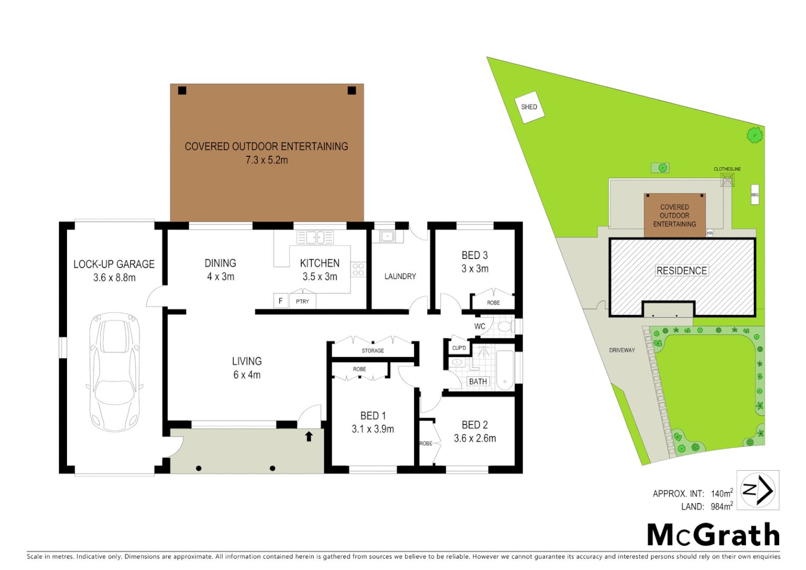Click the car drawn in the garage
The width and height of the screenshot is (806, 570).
pyautogui.click(x=115, y=372)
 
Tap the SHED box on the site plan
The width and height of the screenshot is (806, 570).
pyautogui.click(x=529, y=107)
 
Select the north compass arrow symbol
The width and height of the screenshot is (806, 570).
pyautogui.click(x=758, y=490)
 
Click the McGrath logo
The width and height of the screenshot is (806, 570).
pyautogui.click(x=713, y=535)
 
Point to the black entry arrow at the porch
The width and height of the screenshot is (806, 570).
pyautogui.click(x=309, y=436)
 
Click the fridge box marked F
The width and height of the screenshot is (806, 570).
pyautogui.click(x=281, y=301)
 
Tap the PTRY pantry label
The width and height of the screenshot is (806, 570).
pyautogui.click(x=302, y=301)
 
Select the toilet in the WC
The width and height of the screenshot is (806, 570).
pyautogui.click(x=504, y=327)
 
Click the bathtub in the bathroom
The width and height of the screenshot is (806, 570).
pyautogui.click(x=505, y=370)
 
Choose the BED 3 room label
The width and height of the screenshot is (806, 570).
pyautogui.click(x=475, y=255)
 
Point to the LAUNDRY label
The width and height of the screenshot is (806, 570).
pyautogui.click(x=400, y=277)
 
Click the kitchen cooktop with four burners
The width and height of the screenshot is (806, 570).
pyautogui.click(x=358, y=270)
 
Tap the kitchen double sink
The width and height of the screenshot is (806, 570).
pyautogui.click(x=315, y=237)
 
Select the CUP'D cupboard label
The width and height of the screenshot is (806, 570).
pyautogui.click(x=459, y=348)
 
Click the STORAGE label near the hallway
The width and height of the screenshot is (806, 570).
pyautogui.click(x=373, y=350)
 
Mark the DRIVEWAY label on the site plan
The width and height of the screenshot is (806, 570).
pyautogui.click(x=622, y=350)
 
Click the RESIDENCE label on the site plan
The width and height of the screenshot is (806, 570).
pyautogui.click(x=682, y=271)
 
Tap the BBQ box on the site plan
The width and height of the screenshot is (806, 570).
pyautogui.click(x=755, y=195)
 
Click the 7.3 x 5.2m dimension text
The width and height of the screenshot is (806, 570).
pyautogui.click(x=267, y=160)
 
